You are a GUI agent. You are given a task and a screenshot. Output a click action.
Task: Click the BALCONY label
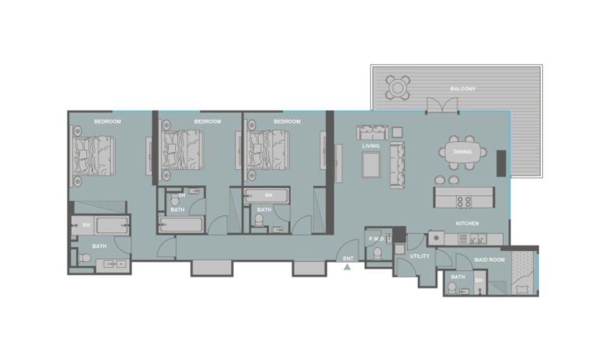click(462, 89)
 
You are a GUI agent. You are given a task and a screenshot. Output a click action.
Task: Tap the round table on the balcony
click(398, 88)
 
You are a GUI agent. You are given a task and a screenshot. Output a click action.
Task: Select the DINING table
click(462, 151)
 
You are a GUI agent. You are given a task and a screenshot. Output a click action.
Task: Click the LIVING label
click(370, 146)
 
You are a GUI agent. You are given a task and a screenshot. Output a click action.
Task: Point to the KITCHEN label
click(467, 224)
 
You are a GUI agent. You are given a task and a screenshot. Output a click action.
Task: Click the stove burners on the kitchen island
click(464, 202)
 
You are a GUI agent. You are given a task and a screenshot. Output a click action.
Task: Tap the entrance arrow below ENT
click(347, 267)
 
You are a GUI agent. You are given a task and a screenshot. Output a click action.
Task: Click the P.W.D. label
click(376, 239)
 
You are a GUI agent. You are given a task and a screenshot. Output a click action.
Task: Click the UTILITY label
click(419, 256)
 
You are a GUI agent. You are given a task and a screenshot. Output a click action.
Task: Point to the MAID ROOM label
click(490, 259)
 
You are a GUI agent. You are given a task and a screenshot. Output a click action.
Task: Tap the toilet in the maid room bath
click(452, 288)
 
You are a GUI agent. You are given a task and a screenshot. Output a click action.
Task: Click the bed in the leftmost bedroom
click(92, 155)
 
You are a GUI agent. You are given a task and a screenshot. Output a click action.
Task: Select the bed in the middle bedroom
click(182, 150)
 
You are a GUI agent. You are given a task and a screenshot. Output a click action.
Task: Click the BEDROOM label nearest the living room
click(287, 122)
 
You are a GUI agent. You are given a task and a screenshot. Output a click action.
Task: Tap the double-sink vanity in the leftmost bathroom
click(111, 264)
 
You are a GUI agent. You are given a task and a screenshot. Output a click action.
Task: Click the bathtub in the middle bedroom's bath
click(181, 224)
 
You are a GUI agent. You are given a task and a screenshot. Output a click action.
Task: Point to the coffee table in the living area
click(371, 165)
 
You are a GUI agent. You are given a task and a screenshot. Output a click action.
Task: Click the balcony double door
click(442, 105)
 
